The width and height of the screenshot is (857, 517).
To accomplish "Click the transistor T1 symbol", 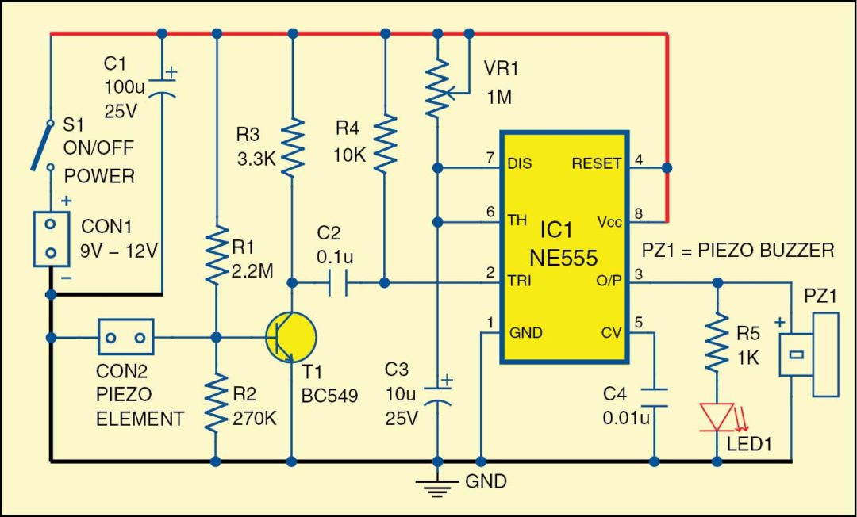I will (x=291, y=335).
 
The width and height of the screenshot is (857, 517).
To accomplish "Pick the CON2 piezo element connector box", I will (x=125, y=337).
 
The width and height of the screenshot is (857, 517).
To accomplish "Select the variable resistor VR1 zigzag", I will (x=436, y=88).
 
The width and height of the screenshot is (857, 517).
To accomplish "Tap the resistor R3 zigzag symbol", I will (x=293, y=147).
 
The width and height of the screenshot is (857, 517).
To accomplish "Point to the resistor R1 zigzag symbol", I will (x=216, y=255).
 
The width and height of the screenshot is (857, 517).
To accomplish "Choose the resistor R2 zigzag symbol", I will (x=216, y=404).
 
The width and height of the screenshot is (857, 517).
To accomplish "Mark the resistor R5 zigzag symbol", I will (x=717, y=341).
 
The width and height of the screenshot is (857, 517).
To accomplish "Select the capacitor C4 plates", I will (x=655, y=396).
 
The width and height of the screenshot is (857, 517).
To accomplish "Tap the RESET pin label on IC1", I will (x=597, y=164).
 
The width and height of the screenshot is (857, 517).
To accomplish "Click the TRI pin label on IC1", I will (x=519, y=281).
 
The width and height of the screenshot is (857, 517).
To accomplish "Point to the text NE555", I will (x=563, y=258).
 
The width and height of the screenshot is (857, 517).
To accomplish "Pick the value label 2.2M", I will (x=252, y=272).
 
